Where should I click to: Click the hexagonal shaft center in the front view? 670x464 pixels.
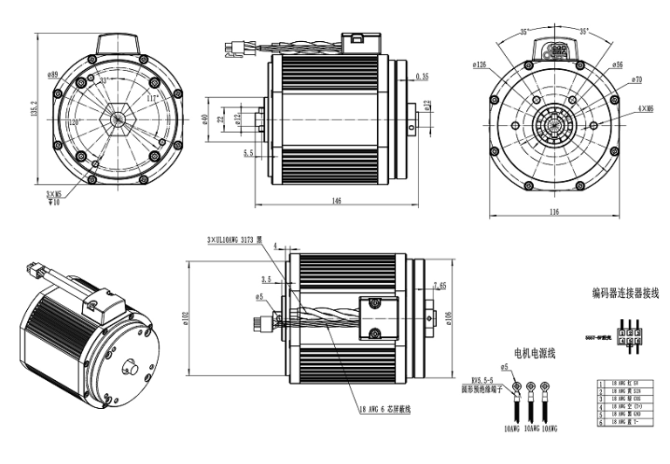click(115, 119)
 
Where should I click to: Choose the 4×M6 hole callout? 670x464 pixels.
click(644, 108)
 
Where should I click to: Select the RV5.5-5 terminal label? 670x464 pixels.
click(484, 380)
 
